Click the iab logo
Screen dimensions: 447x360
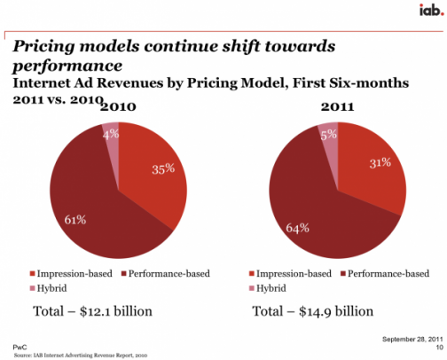coord(431,11)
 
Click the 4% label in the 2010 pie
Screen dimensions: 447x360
coord(111,135)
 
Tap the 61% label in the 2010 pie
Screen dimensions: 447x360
coord(75,220)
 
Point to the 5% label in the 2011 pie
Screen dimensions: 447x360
coord(329,135)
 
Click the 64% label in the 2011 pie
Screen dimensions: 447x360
coord(297,228)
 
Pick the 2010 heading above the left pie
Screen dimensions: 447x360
coord(118,106)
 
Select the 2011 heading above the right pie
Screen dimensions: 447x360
coord(338,106)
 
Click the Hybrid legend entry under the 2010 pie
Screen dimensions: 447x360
coord(49,288)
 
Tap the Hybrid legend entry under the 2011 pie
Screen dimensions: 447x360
coord(268,288)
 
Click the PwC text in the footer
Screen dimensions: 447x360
coord(20,347)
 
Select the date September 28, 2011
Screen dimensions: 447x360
coord(412,339)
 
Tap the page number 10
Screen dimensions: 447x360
coord(440,347)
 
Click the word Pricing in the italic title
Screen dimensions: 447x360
coord(43,47)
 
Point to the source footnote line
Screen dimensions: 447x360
coord(81,355)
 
